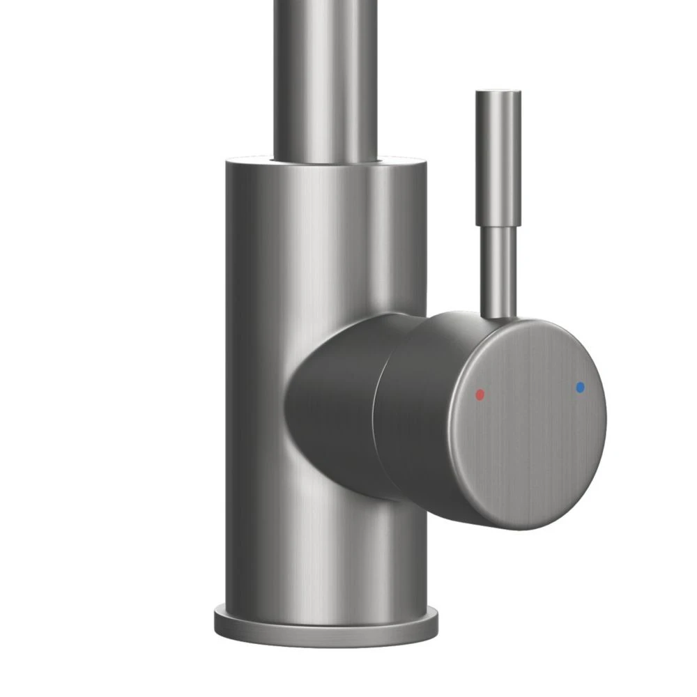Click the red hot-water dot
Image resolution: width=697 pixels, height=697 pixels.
(479, 395)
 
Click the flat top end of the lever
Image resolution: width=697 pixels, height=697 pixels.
(497, 91)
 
